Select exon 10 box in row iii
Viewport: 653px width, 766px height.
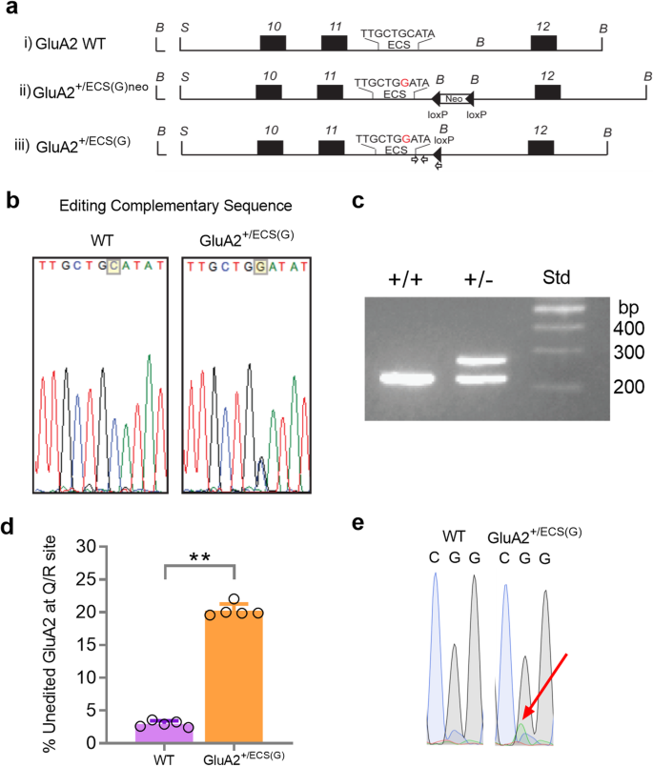[x=269, y=148]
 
